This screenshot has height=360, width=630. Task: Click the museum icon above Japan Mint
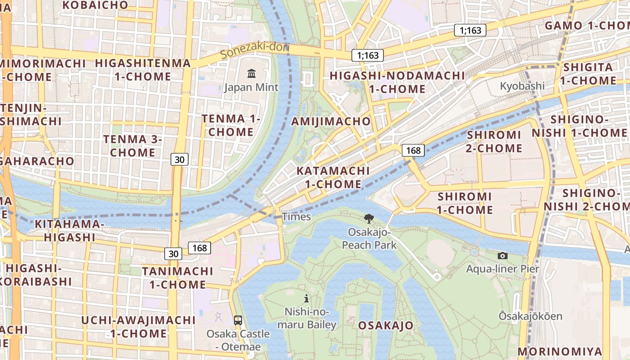252,73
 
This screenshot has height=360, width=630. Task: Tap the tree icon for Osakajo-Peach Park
369,219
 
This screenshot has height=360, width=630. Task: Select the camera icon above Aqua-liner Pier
503,256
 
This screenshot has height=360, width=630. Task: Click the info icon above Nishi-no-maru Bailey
306,298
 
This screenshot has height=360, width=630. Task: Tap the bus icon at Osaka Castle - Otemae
238,320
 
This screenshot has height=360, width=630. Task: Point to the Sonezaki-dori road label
255,50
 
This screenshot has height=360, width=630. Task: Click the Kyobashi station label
522,86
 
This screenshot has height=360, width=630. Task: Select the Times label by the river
296,217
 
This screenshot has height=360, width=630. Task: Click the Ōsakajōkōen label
530,316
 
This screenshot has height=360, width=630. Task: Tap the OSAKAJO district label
386,325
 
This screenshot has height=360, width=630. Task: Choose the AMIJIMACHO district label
331,121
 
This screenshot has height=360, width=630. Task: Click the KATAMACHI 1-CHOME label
333,177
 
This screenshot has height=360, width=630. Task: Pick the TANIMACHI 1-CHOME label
177,278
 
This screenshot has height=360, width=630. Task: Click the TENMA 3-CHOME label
132,146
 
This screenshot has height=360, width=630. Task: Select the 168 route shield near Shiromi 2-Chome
413,150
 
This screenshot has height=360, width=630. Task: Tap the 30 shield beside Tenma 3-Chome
180,159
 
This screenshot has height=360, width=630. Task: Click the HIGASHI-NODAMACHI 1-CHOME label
397,82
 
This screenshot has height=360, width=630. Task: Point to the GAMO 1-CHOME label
587,26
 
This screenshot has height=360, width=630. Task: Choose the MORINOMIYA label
560,351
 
